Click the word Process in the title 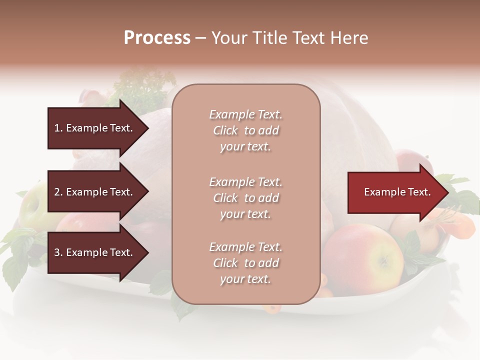pyautogui.click(x=157, y=38)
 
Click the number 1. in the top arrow pyautogui.click(x=58, y=128)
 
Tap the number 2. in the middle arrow pyautogui.click(x=58, y=192)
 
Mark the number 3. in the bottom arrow pyautogui.click(x=58, y=252)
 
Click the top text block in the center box pyautogui.click(x=245, y=130)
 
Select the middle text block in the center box pyautogui.click(x=245, y=198)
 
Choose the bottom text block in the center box pyautogui.click(x=245, y=263)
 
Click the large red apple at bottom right pyautogui.click(x=364, y=257)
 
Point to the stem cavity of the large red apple pyautogui.click(x=383, y=260)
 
